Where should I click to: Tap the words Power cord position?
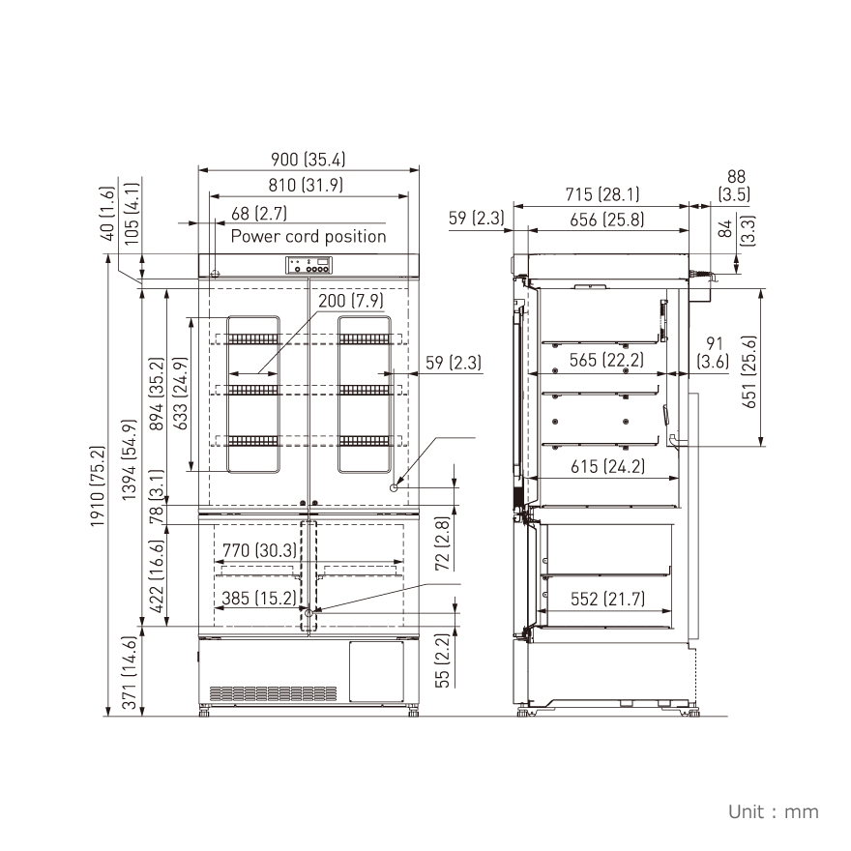coord(308,236)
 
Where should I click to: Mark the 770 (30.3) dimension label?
coord(256,551)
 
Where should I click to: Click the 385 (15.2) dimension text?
coord(256,599)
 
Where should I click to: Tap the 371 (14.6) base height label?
coord(129,674)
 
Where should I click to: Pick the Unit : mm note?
coord(773,811)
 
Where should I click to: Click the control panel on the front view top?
coord(308,264)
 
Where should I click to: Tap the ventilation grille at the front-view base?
coord(274,693)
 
